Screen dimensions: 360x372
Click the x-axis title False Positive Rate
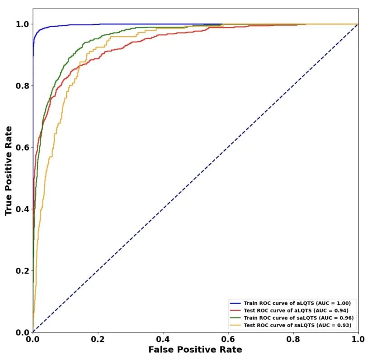(195, 350)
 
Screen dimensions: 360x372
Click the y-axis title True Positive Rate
(9, 171)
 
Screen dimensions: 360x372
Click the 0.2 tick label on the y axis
(22, 270)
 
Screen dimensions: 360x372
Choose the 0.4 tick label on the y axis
(22, 209)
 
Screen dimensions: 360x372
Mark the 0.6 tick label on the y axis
(22, 147)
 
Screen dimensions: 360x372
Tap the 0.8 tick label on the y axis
(22, 86)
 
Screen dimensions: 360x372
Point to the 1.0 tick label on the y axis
(22, 24)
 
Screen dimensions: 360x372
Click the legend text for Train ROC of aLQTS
(297, 303)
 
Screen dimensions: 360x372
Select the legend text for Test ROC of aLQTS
(296, 311)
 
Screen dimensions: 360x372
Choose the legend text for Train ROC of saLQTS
(298, 318)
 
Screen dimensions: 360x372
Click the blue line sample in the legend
(235, 303)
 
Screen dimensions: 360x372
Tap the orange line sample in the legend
(235, 326)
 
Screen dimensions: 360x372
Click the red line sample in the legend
(235, 311)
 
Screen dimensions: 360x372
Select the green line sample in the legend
(235, 318)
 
